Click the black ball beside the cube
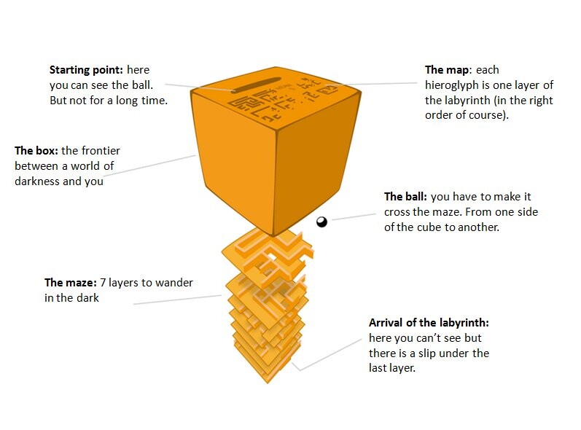[321, 222]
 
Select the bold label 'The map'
[448, 71]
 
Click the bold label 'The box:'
[37, 151]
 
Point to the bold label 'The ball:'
[406, 197]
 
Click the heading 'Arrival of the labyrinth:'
[429, 322]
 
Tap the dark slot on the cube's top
[256, 82]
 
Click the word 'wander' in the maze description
[174, 282]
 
